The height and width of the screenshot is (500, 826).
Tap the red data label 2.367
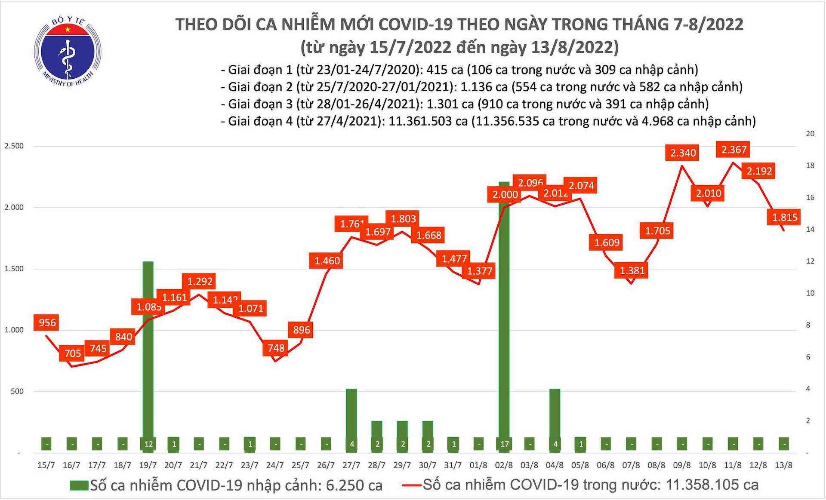click(734, 150)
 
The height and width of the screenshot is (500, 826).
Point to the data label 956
click(47, 322)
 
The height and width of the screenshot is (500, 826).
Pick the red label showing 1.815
click(784, 217)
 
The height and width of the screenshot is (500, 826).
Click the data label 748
click(276, 347)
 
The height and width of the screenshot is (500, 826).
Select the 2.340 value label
click(683, 153)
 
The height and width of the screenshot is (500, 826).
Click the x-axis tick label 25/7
click(300, 465)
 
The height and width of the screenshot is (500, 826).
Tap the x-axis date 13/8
click(783, 465)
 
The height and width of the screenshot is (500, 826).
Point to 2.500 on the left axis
click(14, 146)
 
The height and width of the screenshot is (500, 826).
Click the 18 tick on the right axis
click(810, 166)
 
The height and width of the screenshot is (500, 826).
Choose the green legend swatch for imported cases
click(79, 486)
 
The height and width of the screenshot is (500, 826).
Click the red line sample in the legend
click(412, 486)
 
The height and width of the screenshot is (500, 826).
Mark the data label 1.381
click(632, 270)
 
